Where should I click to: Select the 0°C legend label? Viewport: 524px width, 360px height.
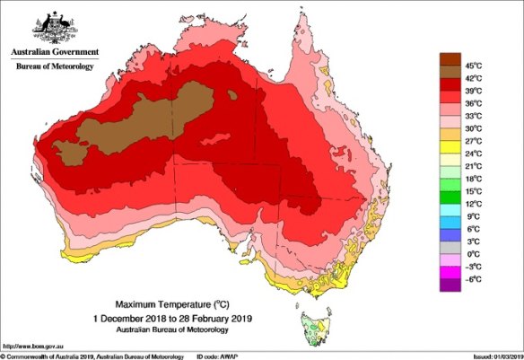[x=473, y=254]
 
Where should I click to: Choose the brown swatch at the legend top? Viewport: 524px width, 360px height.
[x=449, y=60]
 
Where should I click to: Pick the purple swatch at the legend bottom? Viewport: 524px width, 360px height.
[x=449, y=286]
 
